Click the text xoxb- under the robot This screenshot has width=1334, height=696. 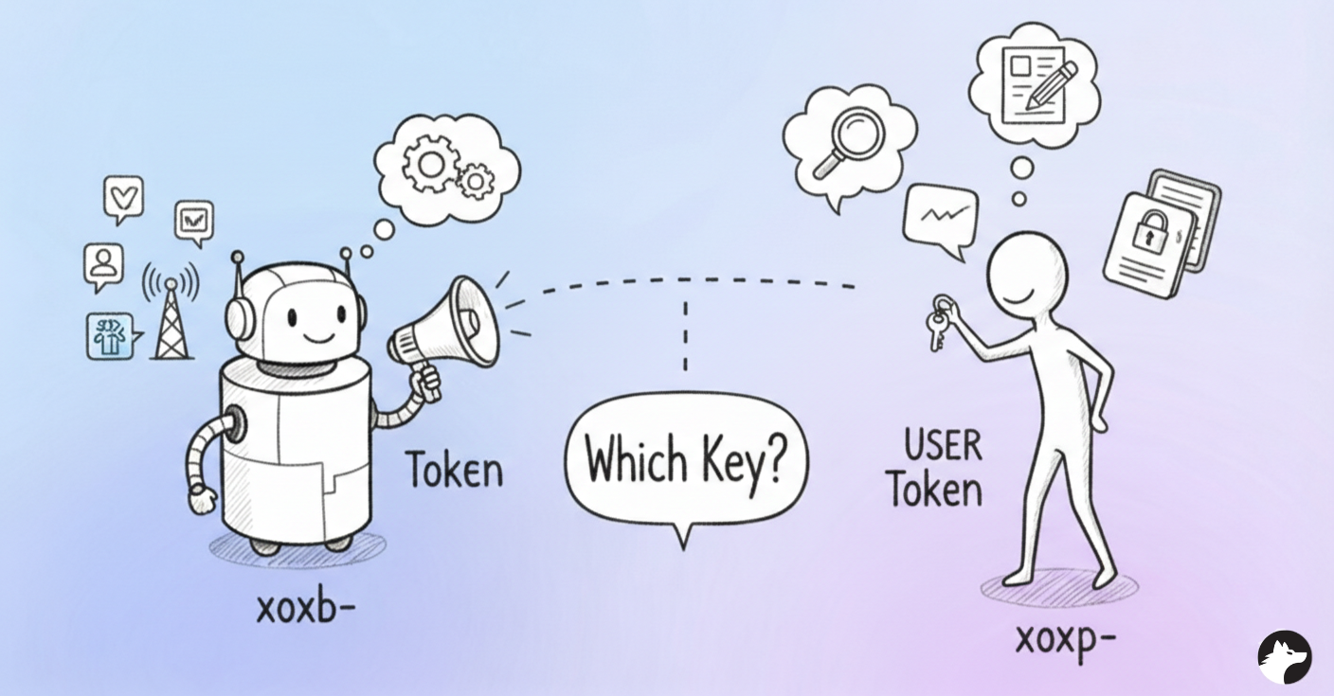click(305, 607)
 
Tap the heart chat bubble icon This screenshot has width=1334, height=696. click(124, 198)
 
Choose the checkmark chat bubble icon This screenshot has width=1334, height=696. click(194, 222)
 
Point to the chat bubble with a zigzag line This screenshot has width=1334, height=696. click(940, 217)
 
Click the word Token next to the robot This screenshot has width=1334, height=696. click(454, 470)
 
